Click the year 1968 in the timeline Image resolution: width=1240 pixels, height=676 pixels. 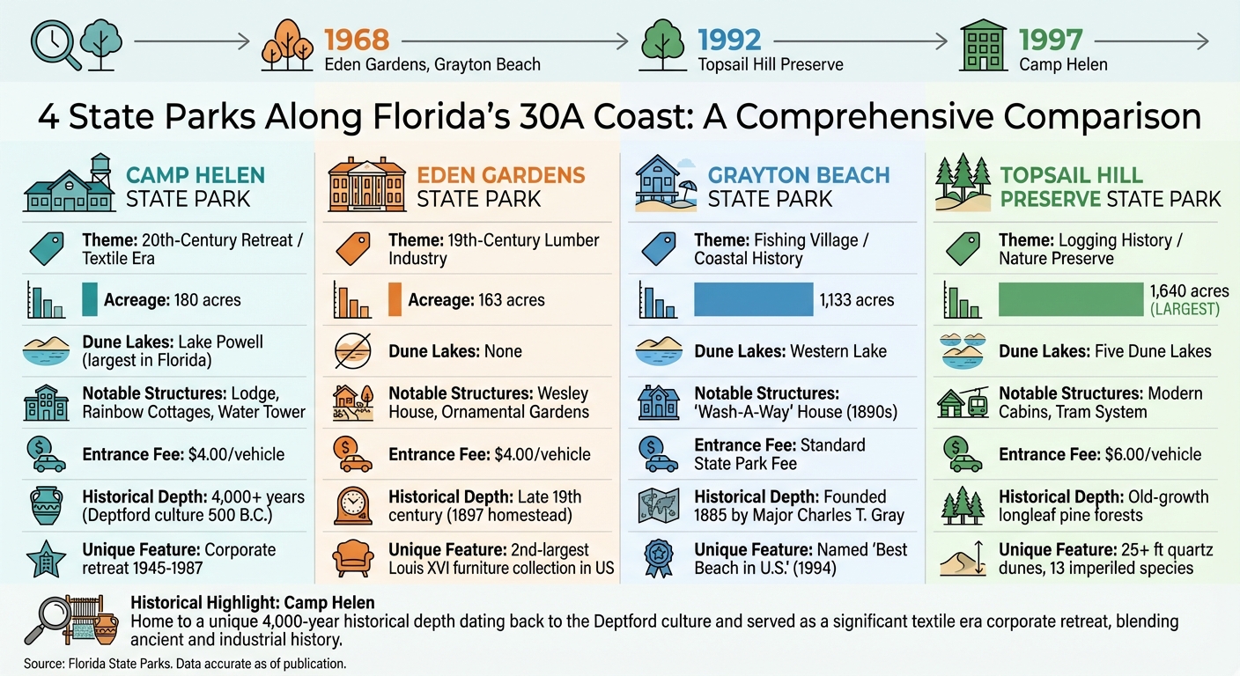pos(357,40)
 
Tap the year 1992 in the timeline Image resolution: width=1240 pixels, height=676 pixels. pos(729,40)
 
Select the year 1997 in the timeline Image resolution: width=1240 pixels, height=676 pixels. pos(1051,40)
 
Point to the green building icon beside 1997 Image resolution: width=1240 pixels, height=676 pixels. pos(984,43)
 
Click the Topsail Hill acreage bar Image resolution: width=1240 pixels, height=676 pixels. pos(1069,299)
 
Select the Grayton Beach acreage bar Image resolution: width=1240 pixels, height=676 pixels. pos(753,299)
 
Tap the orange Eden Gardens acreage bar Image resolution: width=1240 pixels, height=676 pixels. pos(395,299)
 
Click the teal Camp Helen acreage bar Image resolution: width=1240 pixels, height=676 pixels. pos(90,299)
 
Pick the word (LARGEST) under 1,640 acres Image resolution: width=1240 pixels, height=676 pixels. pos(1185,310)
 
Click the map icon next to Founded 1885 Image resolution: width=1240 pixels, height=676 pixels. pos(659,506)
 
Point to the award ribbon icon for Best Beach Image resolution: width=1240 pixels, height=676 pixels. pos(659,558)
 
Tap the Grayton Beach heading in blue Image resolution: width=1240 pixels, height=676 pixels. pos(799,174)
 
